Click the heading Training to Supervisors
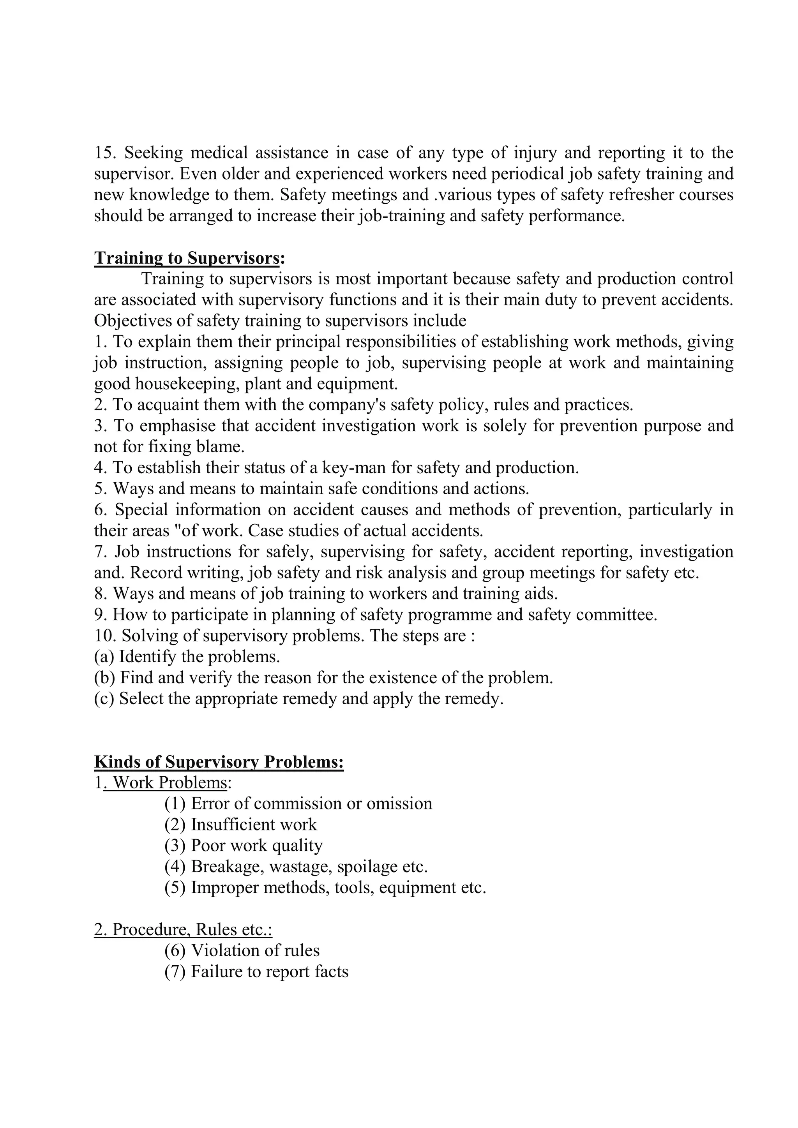tap(187, 258)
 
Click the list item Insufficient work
tap(254, 825)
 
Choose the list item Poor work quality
tap(256, 846)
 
